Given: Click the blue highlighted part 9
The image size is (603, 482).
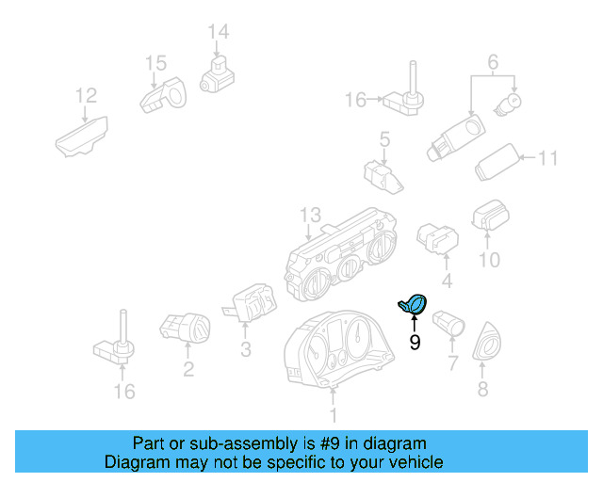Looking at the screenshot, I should [413, 304].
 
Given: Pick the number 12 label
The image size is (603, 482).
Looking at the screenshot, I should [86, 95].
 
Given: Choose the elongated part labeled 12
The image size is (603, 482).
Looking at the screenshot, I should [82, 137].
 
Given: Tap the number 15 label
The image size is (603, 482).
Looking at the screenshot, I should [155, 63].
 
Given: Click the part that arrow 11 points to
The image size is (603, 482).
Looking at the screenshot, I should [497, 164].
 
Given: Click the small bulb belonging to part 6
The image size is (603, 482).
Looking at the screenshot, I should [515, 100].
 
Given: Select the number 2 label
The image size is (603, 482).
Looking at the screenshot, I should [188, 369].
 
